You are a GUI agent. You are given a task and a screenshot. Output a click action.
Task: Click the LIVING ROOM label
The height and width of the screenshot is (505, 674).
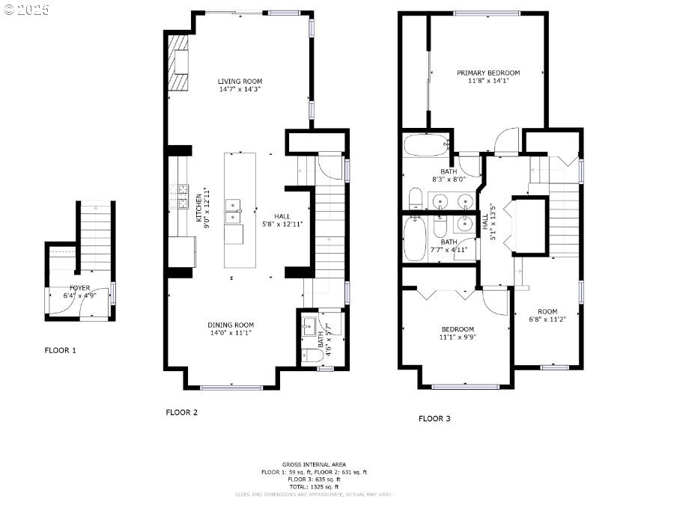pyautogui.click(x=240, y=81)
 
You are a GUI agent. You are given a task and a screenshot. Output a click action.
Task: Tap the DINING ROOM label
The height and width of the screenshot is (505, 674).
pyautogui.click(x=231, y=325)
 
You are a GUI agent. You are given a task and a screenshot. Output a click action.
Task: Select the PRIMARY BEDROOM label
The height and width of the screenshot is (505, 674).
pyautogui.click(x=488, y=73)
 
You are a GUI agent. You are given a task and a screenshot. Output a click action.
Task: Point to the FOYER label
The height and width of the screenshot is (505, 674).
pyautogui.click(x=80, y=287)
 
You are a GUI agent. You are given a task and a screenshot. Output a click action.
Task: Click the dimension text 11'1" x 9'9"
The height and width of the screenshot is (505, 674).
pyautogui.click(x=457, y=337)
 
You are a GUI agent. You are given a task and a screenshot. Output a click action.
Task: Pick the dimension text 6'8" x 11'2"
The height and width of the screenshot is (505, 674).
pyautogui.click(x=547, y=319)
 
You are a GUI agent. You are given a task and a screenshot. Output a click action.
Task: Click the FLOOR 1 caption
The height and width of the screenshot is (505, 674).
pyautogui.click(x=61, y=350)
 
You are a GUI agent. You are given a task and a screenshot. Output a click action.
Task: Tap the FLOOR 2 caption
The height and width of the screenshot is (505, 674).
pyautogui.click(x=181, y=411)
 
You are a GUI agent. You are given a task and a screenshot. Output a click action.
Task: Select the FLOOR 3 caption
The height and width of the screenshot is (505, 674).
pyautogui.click(x=434, y=418)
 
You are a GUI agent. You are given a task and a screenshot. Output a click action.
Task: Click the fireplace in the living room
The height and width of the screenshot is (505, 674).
pyautogui.click(x=178, y=63)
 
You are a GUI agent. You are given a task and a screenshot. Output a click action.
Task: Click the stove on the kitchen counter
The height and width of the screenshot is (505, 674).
pyautogui.click(x=179, y=197)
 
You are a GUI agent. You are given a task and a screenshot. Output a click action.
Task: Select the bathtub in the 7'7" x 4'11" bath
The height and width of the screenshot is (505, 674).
pyautogui.click(x=413, y=240)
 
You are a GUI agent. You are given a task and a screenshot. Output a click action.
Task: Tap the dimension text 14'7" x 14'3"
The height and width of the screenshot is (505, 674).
pyautogui.click(x=240, y=89)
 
